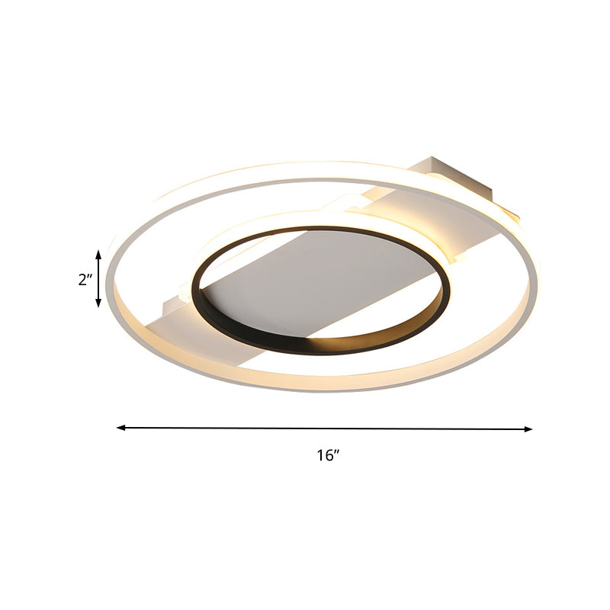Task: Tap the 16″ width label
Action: [327, 456]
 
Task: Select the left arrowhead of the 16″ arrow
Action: [120, 428]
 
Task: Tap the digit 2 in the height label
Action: [82, 279]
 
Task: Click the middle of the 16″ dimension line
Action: [325, 429]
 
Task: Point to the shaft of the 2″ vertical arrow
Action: [98, 278]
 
